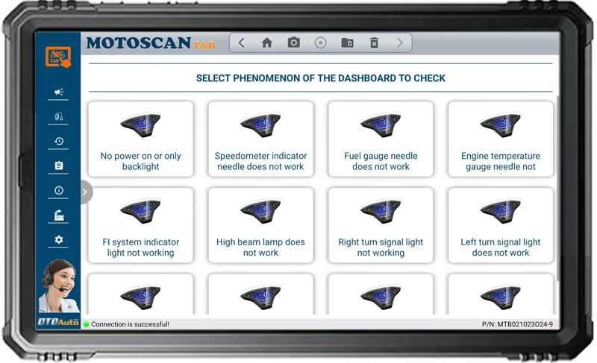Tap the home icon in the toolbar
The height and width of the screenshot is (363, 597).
(266, 43)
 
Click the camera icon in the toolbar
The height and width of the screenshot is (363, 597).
(294, 43)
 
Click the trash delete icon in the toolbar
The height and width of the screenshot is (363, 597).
(375, 43)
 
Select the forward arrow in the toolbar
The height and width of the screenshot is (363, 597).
(400, 43)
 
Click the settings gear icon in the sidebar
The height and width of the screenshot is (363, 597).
(59, 240)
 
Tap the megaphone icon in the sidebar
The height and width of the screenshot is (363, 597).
(59, 92)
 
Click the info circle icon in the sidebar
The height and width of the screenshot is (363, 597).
(59, 191)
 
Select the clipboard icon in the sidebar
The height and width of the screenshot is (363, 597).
(59, 165)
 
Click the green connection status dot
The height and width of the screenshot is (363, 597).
(87, 324)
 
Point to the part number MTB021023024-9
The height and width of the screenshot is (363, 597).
(517, 324)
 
